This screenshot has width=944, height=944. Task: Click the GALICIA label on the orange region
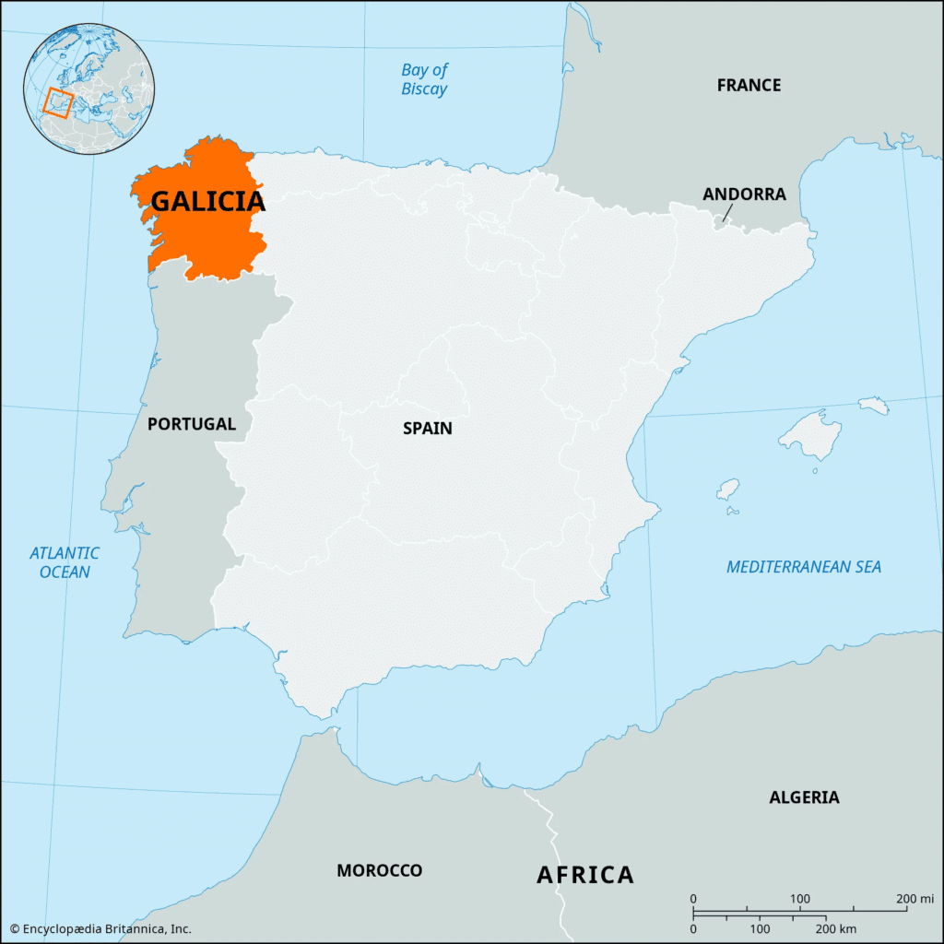(207, 201)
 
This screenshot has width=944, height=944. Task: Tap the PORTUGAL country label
(192, 424)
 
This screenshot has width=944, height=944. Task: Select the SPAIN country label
(428, 429)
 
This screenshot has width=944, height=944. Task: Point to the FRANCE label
(749, 86)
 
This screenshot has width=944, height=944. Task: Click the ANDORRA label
(744, 195)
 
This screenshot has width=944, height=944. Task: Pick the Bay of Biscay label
(424, 80)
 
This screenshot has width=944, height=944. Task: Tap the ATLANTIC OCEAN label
(65, 562)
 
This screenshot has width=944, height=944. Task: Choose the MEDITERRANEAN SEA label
(803, 567)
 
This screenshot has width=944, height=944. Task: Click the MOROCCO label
(379, 870)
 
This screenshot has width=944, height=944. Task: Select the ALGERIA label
(804, 797)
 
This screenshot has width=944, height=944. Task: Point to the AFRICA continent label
(585, 875)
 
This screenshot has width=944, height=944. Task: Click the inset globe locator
(89, 89)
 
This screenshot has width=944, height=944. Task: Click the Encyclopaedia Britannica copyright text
(100, 928)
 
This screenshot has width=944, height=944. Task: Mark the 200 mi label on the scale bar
(915, 899)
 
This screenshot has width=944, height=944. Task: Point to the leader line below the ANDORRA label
(726, 214)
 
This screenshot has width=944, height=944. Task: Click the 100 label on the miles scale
(800, 899)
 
